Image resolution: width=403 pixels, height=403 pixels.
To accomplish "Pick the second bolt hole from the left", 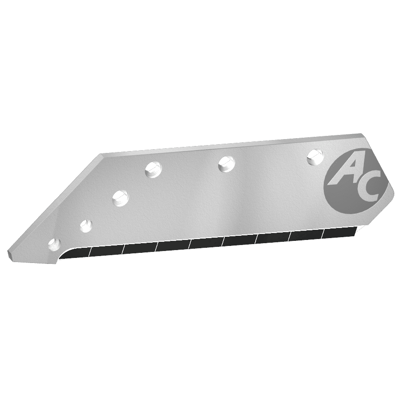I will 86,225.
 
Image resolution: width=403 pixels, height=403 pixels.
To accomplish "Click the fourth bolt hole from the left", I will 153,169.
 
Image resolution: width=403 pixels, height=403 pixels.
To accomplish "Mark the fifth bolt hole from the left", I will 226,163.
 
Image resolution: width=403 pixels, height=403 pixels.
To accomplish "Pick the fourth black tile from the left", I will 173,245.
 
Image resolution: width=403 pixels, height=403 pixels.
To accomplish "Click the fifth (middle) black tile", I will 206,243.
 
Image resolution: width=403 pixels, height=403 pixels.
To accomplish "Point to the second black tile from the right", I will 307,236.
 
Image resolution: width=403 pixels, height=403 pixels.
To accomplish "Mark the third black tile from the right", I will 273,238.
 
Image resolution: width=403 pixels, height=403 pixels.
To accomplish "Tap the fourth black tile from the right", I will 239,241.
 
